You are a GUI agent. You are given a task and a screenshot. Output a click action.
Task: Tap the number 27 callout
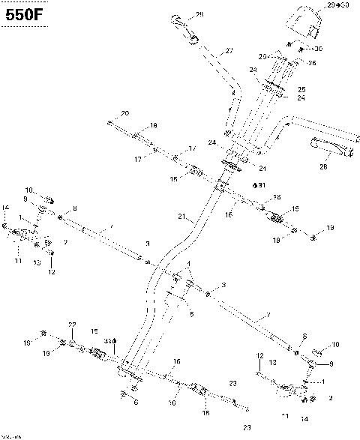(229, 50)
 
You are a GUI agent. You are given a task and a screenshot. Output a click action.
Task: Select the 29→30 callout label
(338, 5)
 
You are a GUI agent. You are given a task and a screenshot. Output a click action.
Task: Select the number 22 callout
(73, 324)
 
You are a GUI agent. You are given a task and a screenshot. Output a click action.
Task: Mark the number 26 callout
(291, 63)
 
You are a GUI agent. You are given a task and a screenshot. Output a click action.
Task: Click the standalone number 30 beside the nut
(318, 49)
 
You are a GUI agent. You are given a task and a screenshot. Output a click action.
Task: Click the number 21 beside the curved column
(181, 217)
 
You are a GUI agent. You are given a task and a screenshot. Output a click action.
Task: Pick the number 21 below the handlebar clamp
(262, 168)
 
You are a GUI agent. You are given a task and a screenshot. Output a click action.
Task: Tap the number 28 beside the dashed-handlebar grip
(199, 14)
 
